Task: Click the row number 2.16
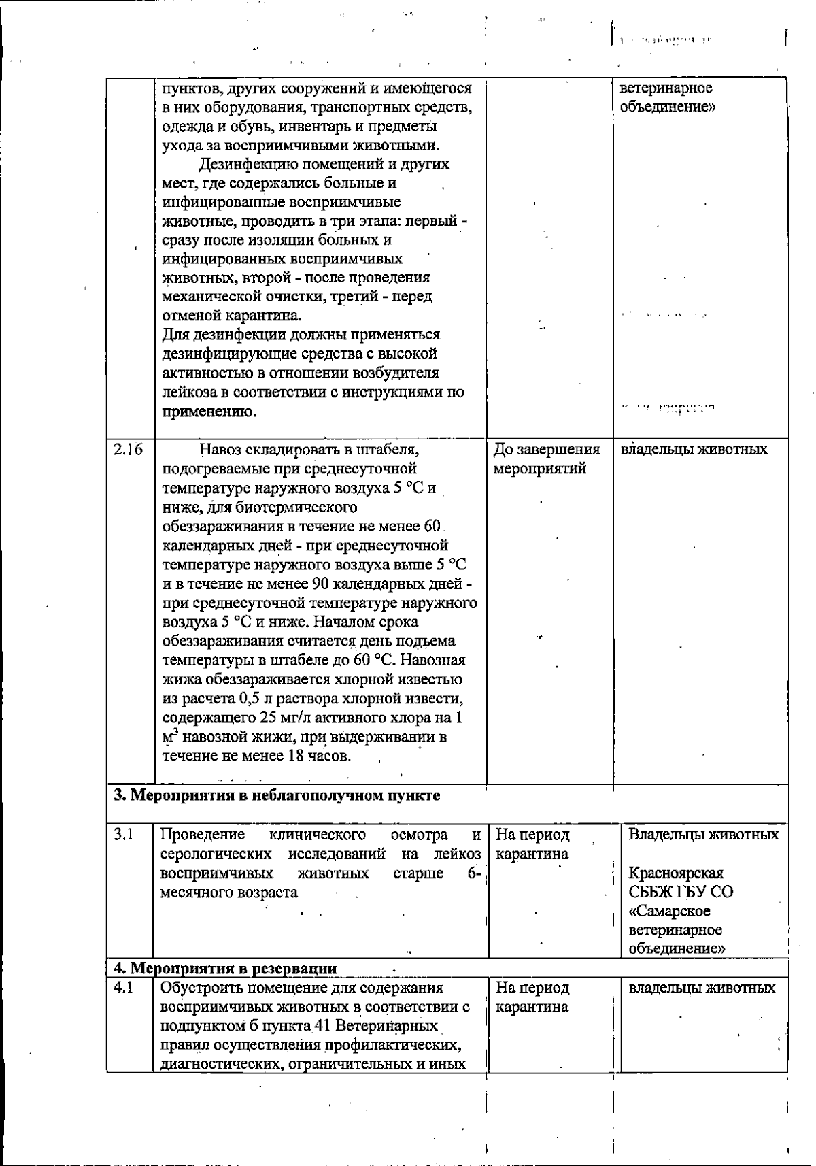pos(129,449)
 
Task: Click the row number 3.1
pos(123,834)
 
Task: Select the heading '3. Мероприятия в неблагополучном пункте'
pos(276,795)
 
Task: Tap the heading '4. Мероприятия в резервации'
pos(224,968)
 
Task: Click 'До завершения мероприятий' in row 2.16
pos(547,459)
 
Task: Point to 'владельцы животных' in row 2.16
pos(694,449)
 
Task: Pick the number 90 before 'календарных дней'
pos(320,584)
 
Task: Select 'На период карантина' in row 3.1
pos(532,844)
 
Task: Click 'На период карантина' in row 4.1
pos(532,997)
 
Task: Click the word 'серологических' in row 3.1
pos(210,854)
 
